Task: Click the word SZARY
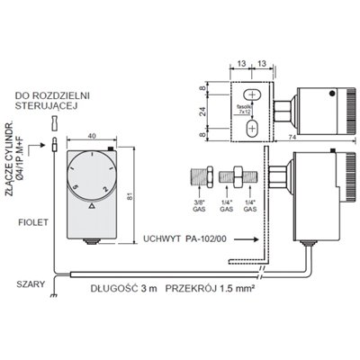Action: pyautogui.click(x=31, y=282)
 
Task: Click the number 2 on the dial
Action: pyautogui.click(x=106, y=187)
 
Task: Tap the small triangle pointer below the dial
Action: pyautogui.click(x=91, y=206)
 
